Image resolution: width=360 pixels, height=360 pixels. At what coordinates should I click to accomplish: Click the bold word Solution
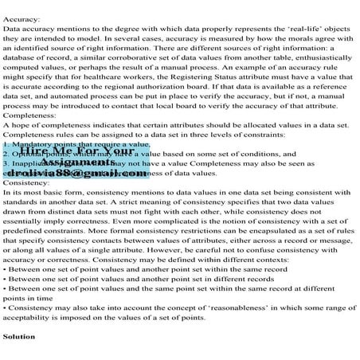click(19, 337)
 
